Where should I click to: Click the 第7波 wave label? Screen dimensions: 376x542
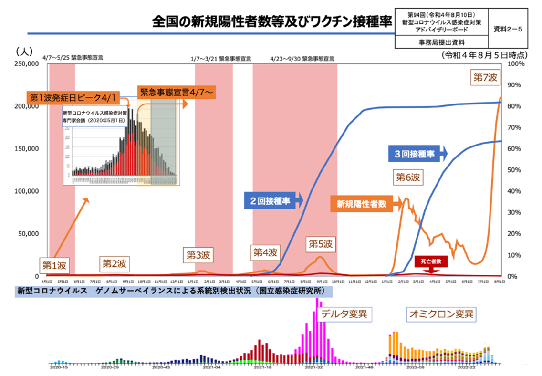click(485, 78)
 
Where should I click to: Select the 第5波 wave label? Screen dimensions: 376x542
click(320, 244)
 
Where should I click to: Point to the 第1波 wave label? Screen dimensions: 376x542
click(53, 264)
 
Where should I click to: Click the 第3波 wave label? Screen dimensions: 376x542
click(198, 255)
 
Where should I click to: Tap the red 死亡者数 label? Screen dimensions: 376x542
click(431, 261)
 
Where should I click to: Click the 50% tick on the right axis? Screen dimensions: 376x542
click(515, 170)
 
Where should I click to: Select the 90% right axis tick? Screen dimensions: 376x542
click(515, 85)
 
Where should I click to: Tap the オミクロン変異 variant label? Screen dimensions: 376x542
click(441, 314)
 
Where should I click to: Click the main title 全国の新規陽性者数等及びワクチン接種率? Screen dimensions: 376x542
click(272, 22)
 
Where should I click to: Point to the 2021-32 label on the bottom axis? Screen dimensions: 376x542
click(313, 368)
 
